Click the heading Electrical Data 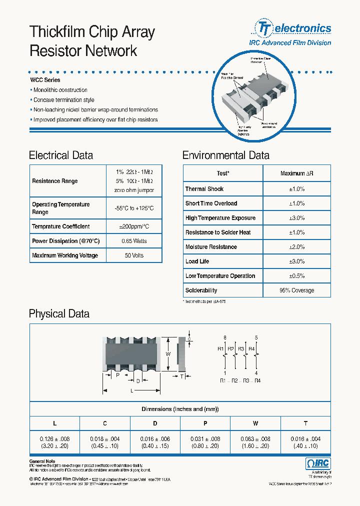point(61,155)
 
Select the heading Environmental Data point(225,155)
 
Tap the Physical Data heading point(59,314)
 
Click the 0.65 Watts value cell point(134,241)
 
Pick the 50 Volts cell point(134,255)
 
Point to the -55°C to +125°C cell point(134,208)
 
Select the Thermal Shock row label point(204,189)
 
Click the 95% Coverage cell point(296,290)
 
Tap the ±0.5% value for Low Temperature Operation point(296,276)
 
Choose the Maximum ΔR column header point(296,173)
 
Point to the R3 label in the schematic point(241,348)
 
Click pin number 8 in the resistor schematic point(225,337)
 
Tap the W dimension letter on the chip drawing point(168,354)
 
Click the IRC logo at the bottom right point(317,463)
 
